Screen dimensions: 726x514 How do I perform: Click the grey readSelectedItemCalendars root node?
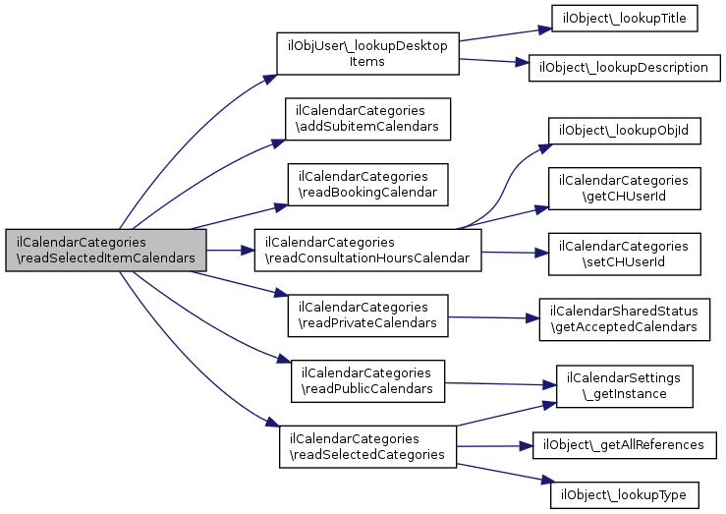pyautogui.click(x=106, y=250)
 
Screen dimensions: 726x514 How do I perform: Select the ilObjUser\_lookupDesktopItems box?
pyautogui.click(x=367, y=53)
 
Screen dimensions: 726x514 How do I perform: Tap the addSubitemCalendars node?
pyautogui.click(x=367, y=119)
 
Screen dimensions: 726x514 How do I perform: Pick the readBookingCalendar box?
pyautogui.click(x=367, y=185)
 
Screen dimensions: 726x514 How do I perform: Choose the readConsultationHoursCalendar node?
pyautogui.click(x=367, y=250)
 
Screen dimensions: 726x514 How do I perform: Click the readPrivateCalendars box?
pyautogui.click(x=367, y=315)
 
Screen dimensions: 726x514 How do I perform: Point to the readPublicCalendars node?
pyautogui.click(x=367, y=381)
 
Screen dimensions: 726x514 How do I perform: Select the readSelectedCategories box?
pyautogui.click(x=367, y=447)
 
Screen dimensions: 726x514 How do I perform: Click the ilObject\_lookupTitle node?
pyautogui.click(x=624, y=19)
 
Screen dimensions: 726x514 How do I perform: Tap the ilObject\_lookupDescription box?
pyautogui.click(x=624, y=68)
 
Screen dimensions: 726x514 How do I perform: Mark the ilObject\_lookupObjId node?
pyautogui.click(x=624, y=131)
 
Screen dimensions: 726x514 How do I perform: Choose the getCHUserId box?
pyautogui.click(x=624, y=189)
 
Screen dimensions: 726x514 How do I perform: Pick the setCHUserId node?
pyautogui.click(x=624, y=255)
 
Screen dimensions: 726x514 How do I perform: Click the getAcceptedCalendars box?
pyautogui.click(x=624, y=319)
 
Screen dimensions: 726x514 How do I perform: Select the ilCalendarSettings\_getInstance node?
pyautogui.click(x=624, y=386)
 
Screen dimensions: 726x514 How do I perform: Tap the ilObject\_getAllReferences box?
pyautogui.click(x=624, y=445)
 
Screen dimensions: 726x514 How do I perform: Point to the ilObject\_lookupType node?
pyautogui.click(x=624, y=495)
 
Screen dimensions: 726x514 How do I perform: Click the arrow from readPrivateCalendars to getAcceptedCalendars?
pyautogui.click(x=493, y=317)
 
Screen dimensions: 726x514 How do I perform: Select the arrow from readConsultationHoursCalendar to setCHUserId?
pyautogui.click(x=515, y=253)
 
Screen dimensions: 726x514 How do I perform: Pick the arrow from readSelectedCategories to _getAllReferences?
pyautogui.click(x=494, y=446)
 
